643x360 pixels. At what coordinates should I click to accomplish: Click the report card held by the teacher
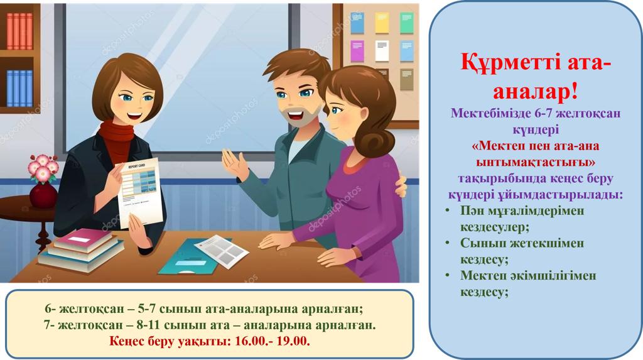click(x=139, y=192)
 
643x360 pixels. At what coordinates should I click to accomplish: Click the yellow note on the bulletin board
click(x=382, y=23)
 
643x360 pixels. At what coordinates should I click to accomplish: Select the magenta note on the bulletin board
click(x=357, y=51)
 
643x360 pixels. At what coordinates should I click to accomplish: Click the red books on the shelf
click(x=19, y=31)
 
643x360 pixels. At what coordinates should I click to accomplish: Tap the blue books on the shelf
click(x=19, y=88)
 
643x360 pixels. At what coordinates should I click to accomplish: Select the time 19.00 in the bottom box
click(x=293, y=341)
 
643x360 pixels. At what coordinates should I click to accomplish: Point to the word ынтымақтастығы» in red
click(x=536, y=163)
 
